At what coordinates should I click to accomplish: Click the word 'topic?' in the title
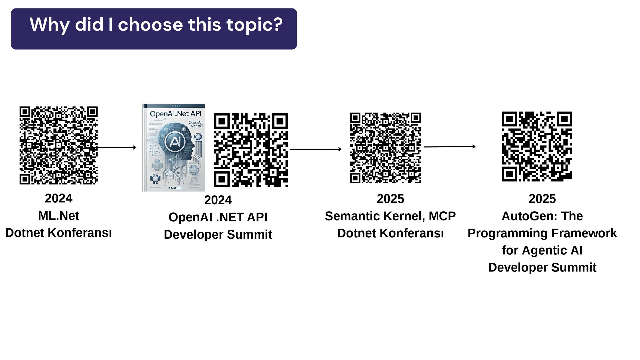[x=254, y=25]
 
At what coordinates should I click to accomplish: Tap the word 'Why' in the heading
[x=49, y=25]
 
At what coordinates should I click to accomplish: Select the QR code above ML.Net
[x=58, y=145]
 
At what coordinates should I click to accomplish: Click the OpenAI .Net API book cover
[x=174, y=148]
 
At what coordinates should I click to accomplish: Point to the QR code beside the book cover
[x=251, y=150]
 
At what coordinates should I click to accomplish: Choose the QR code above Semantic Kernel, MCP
[x=385, y=148]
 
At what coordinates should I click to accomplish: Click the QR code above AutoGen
[x=537, y=147]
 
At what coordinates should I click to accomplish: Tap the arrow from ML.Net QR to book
[x=117, y=147]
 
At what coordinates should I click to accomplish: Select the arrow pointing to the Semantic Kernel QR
[x=315, y=149]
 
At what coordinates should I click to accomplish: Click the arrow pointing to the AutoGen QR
[x=449, y=146]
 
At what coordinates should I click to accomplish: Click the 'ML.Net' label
[x=59, y=216]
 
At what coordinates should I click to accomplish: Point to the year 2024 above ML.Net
[x=59, y=198]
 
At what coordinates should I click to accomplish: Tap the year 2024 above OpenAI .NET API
[x=218, y=200]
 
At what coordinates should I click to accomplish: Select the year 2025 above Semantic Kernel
[x=390, y=199]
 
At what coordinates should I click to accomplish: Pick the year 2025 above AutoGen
[x=542, y=199]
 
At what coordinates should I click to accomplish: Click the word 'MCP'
[x=442, y=216]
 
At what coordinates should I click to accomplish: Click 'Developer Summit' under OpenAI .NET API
[x=218, y=234]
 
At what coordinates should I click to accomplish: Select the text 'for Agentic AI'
[x=542, y=250]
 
